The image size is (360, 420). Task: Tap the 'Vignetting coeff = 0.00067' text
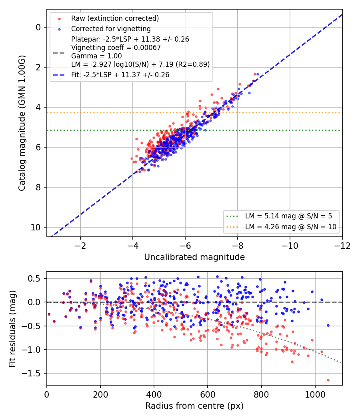[x=116, y=48]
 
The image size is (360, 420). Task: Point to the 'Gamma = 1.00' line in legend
[x=96, y=56]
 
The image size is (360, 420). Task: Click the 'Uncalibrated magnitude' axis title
[x=194, y=257]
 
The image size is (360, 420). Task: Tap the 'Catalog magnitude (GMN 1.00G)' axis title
[x=22, y=123]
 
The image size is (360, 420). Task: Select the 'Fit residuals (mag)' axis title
[x=12, y=329]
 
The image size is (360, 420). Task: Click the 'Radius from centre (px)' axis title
[x=194, y=406]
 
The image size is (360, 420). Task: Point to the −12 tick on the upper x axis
[x=342, y=246]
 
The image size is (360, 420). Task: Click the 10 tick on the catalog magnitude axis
[x=35, y=228]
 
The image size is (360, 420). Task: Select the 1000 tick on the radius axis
[x=315, y=394]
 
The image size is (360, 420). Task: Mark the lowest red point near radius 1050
[x=328, y=380]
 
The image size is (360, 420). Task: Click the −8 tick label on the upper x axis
[x=237, y=246]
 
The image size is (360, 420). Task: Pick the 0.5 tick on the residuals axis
[x=34, y=278]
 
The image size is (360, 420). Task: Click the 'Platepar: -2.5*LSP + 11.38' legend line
[x=130, y=39]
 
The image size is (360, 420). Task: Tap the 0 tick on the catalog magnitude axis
[x=38, y=27]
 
